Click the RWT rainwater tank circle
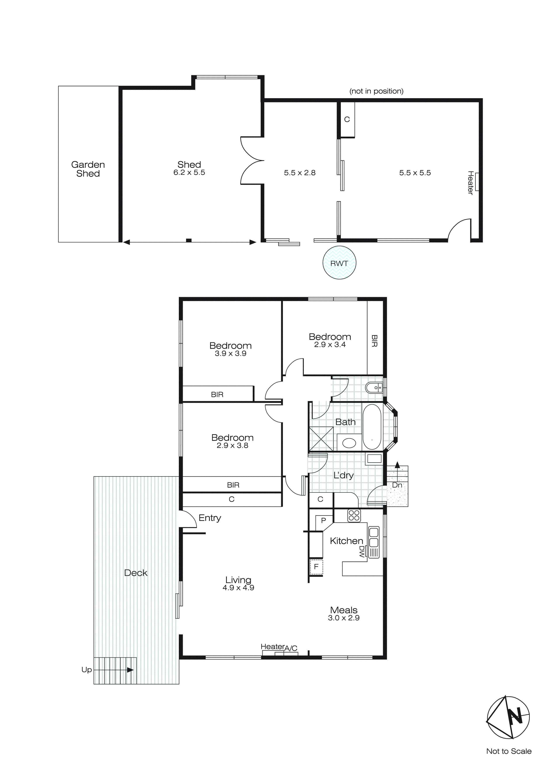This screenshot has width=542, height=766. click(x=339, y=263)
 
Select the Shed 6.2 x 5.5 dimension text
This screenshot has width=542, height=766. click(x=189, y=172)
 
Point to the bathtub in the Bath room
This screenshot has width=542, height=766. click(x=371, y=427)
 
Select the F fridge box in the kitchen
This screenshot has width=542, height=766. click(x=316, y=566)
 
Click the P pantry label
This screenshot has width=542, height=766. click(x=323, y=520)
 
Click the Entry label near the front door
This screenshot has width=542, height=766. click(x=210, y=518)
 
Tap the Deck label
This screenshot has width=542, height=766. click(x=136, y=573)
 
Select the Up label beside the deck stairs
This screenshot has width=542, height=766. click(x=86, y=670)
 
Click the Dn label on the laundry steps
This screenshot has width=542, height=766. click(x=397, y=485)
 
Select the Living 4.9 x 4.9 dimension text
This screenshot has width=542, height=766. click(x=238, y=588)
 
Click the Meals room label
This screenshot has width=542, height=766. click(x=344, y=610)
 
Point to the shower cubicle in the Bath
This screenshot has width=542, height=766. click(x=321, y=439)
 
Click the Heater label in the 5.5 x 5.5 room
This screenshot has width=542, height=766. click(x=470, y=183)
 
